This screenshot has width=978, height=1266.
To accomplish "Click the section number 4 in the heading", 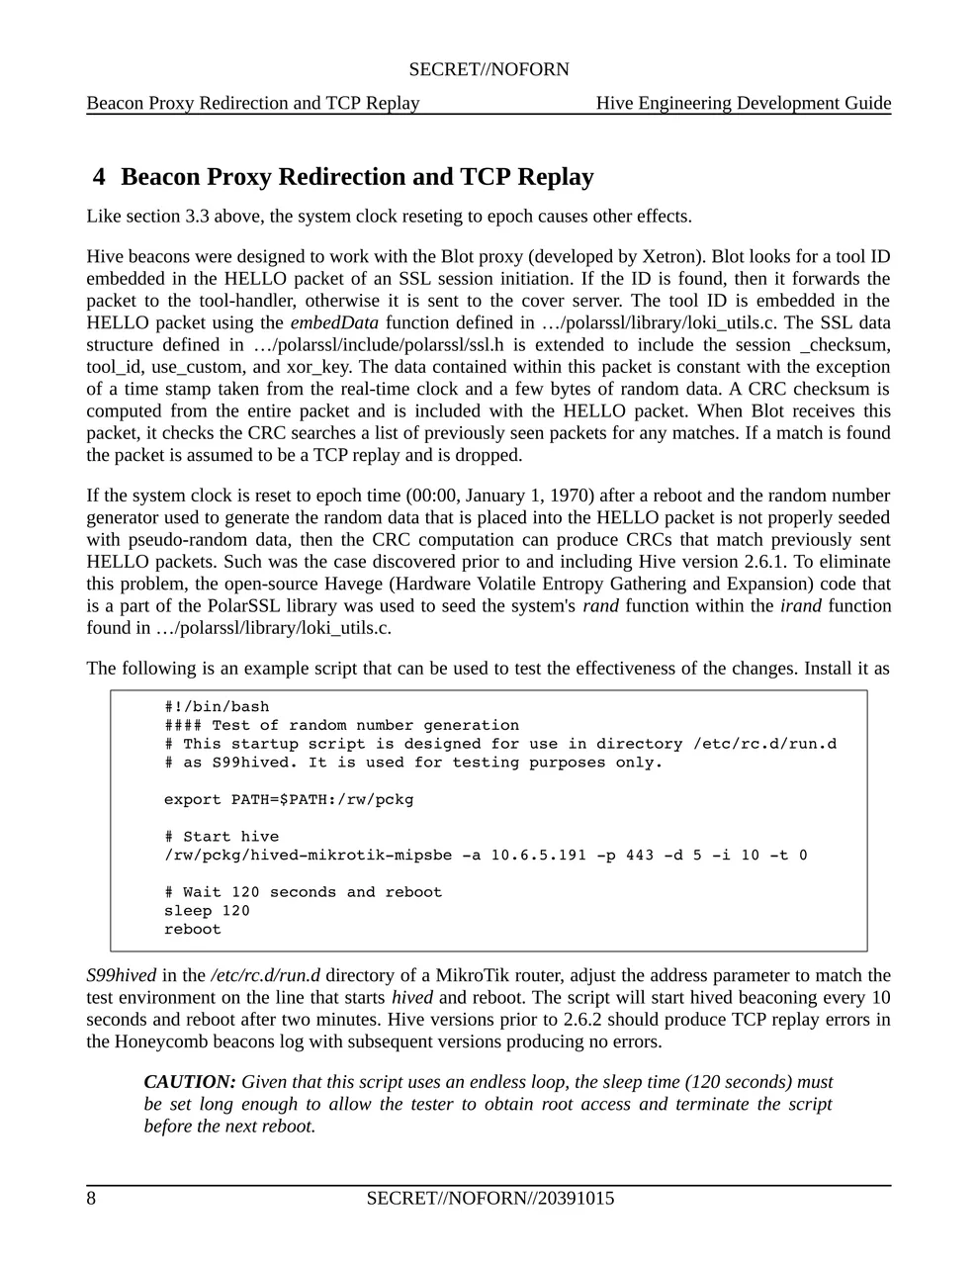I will click(99, 177).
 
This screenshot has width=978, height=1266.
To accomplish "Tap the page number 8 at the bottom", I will click(91, 1199).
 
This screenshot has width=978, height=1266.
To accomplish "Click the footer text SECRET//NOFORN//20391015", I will click(489, 1199).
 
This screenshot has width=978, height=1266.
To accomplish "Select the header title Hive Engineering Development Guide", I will click(743, 103).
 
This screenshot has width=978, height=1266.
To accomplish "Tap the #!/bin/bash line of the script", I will click(217, 706).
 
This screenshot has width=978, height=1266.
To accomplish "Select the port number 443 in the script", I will click(639, 855).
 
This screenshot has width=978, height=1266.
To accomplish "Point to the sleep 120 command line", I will click(207, 911).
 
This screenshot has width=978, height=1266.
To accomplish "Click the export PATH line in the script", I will click(289, 799).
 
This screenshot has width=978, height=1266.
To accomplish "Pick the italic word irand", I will click(800, 605).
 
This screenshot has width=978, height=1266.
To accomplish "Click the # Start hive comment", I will click(222, 837).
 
